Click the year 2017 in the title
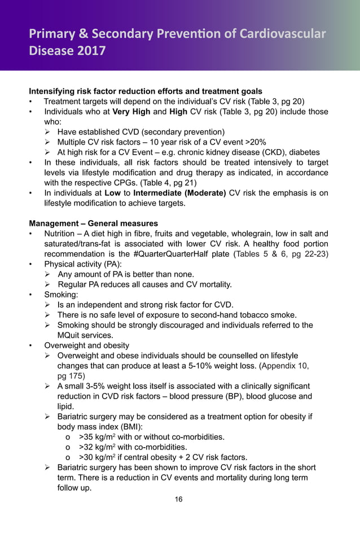tap(90, 51)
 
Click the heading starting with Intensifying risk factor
tap(146, 91)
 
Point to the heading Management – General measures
tap(94, 223)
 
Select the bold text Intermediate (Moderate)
tap(179, 193)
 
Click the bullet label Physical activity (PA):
tap(83, 264)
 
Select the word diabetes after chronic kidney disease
tap(302, 152)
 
